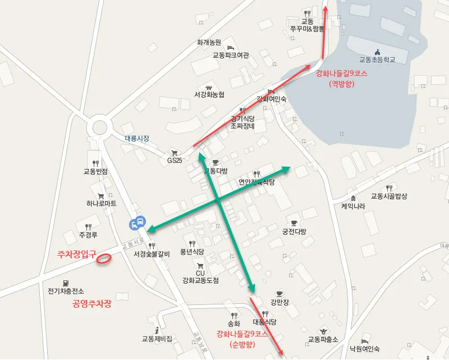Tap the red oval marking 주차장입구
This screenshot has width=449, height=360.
coord(103,258)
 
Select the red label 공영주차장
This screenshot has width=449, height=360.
coord(92,304)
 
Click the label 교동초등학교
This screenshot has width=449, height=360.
coord(377,60)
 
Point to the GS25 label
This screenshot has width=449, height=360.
coord(175,160)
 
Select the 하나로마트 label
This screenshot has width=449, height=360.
coord(102,203)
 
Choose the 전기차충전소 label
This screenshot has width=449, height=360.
coord(66,291)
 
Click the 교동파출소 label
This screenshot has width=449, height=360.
coord(323,339)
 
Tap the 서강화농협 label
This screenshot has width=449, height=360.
coord(209,94)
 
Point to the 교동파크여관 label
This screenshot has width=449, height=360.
coord(230,56)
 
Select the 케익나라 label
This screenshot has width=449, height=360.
coord(353,206)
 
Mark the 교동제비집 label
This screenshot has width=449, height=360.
coord(157,339)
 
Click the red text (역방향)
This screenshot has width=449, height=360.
coord(341,83)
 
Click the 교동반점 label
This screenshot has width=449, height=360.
coord(95,171)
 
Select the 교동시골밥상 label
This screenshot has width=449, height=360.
coord(389,196)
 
